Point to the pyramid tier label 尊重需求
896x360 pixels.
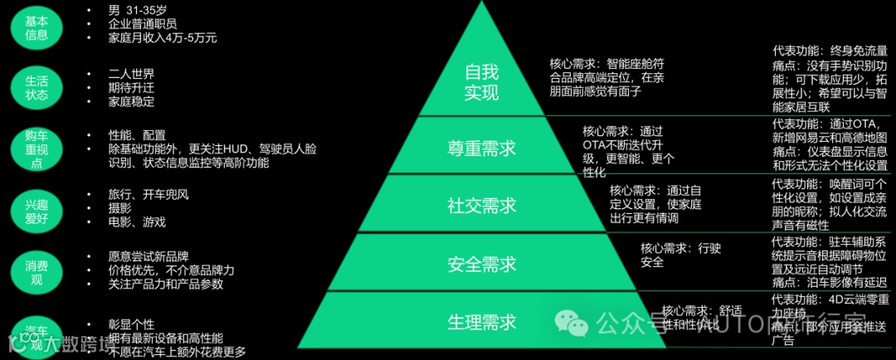[482, 148]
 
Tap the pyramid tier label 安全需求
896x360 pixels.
[482, 265]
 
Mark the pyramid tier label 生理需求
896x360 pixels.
[482, 321]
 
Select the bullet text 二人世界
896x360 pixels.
[131, 74]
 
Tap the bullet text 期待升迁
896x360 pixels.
[131, 88]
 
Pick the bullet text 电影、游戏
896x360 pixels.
[137, 222]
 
